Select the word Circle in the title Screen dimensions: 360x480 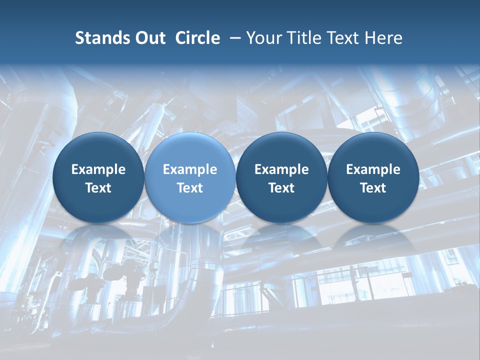click(x=197, y=38)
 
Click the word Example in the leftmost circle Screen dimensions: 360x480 click(x=98, y=169)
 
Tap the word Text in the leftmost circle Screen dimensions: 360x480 click(x=98, y=188)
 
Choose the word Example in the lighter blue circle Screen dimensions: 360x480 click(x=190, y=169)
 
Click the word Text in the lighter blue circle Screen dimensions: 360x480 click(x=190, y=188)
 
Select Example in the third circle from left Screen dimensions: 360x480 click(x=281, y=169)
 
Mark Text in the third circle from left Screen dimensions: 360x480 click(x=281, y=188)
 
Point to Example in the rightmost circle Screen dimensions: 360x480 click(x=373, y=169)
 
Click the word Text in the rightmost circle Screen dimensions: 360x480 click(x=373, y=188)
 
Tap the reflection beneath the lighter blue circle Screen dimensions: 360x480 click(x=190, y=237)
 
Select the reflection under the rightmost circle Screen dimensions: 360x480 click(x=373, y=237)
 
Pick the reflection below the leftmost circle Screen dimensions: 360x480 click(x=98, y=237)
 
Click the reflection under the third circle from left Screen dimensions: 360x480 click(x=281, y=237)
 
